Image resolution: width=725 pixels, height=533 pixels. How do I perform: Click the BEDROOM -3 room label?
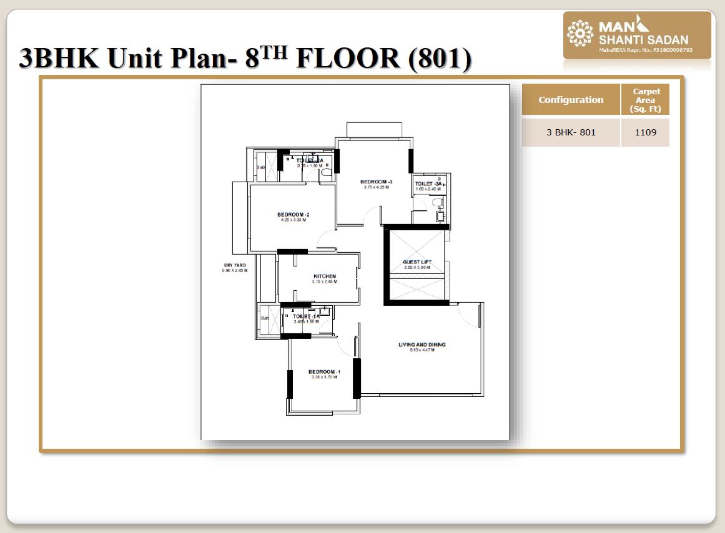tap(376, 182)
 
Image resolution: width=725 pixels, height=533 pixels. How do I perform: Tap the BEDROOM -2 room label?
tap(293, 215)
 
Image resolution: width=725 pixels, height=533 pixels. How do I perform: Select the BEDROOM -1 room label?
tap(324, 372)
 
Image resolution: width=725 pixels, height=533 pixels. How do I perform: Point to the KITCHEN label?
tap(325, 276)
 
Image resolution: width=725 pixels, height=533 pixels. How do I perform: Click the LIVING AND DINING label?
tap(422, 345)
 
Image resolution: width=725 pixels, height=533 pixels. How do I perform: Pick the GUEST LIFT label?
tap(417, 262)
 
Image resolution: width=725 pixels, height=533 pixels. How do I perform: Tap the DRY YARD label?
tap(234, 265)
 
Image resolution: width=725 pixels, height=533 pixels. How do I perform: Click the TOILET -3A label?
tap(428, 184)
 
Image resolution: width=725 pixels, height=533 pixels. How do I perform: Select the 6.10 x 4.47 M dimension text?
tap(422, 350)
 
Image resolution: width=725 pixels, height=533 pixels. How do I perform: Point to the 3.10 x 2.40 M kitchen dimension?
tap(325, 281)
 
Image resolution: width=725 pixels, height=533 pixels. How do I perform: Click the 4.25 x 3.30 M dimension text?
tap(293, 220)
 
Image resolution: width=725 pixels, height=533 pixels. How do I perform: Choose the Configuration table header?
tap(571, 100)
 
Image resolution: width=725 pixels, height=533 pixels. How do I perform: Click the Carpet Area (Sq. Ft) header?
tap(646, 100)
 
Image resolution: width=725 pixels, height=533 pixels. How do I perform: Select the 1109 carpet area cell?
tap(645, 132)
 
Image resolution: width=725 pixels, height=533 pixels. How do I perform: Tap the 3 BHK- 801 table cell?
tap(571, 132)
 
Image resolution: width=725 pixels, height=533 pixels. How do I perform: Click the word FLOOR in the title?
tap(347, 59)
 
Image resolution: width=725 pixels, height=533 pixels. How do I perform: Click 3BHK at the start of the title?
tap(60, 59)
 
